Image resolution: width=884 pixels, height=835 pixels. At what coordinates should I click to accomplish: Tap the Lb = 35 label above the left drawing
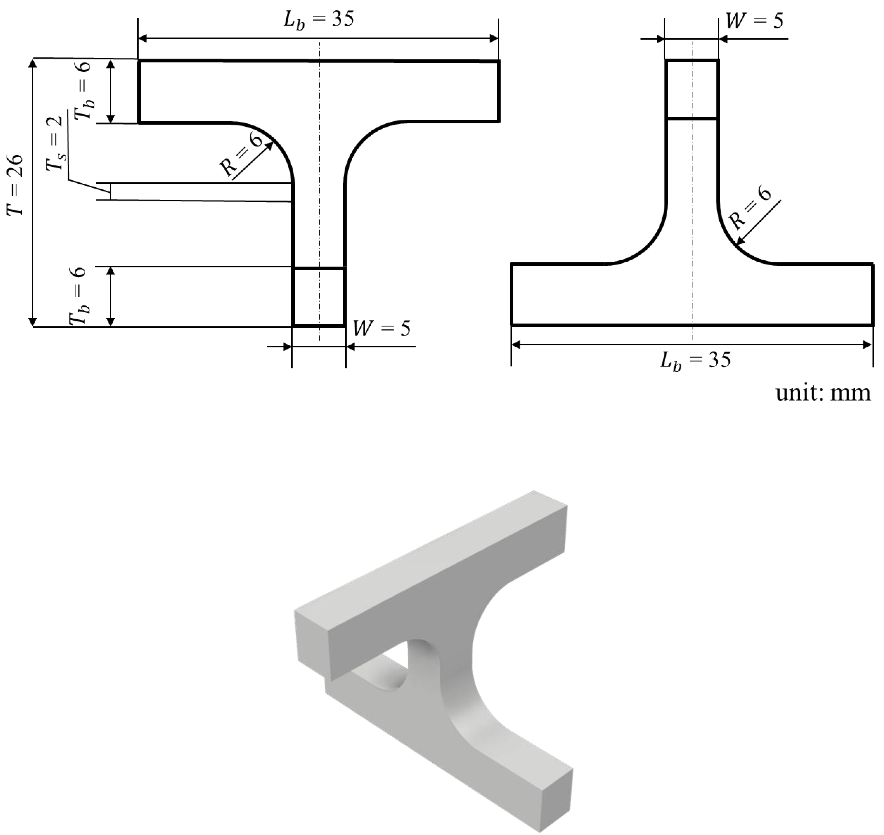click(x=319, y=20)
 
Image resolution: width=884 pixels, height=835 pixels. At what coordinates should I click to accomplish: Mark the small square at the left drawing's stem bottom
click(x=319, y=297)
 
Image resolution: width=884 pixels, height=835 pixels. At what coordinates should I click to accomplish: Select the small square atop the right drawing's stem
click(x=692, y=89)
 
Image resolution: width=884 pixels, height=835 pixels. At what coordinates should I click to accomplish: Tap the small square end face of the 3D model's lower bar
click(x=554, y=799)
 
